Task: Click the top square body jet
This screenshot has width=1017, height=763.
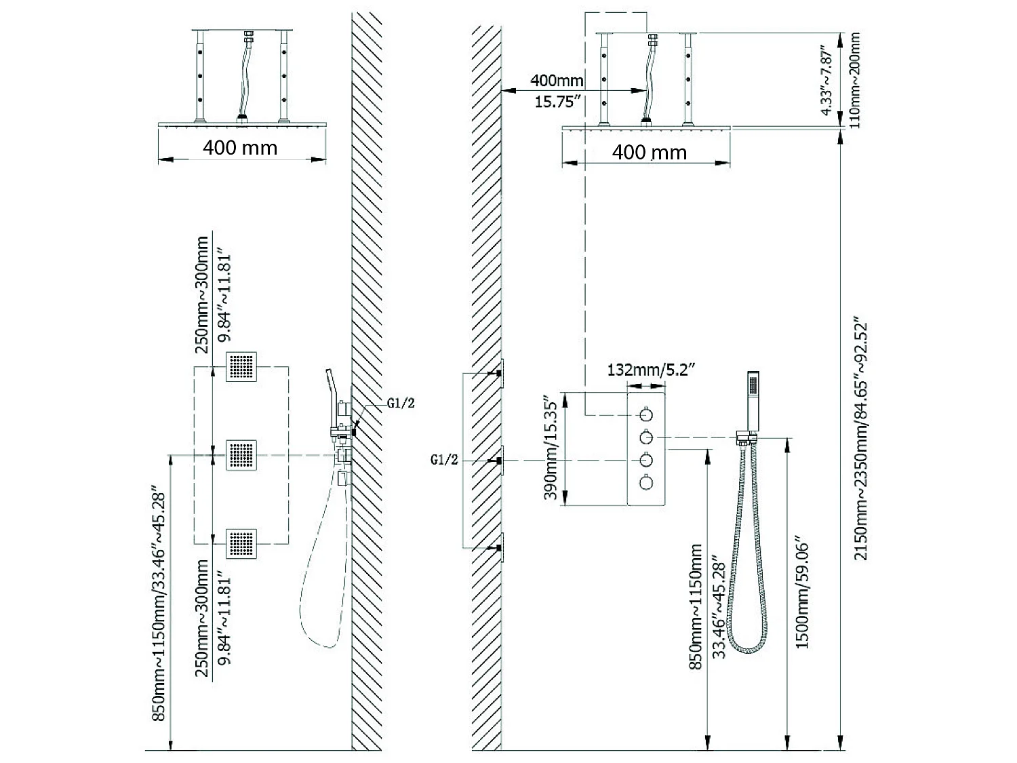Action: pos(242,367)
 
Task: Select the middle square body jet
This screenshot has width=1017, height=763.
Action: pos(242,454)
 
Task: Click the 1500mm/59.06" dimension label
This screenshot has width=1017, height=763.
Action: pos(802,595)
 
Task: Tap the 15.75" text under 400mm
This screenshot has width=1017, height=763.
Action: pos(557,102)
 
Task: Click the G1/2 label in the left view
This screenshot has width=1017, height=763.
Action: pos(401,403)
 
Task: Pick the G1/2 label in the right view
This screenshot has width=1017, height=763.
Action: pos(445,460)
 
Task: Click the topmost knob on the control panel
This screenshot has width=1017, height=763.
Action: pos(646,413)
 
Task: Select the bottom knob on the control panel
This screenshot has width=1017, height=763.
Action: pos(646,483)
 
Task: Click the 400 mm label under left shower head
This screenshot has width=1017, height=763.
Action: pos(240,148)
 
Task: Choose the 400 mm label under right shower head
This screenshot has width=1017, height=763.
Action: pos(649,152)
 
